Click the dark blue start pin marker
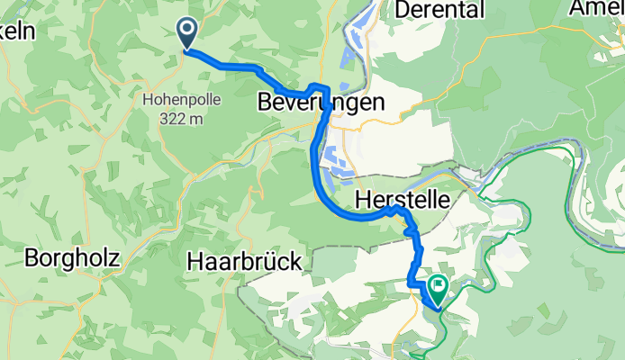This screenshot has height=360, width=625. coord(188,33)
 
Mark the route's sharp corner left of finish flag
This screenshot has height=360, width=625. coord(412,283)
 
